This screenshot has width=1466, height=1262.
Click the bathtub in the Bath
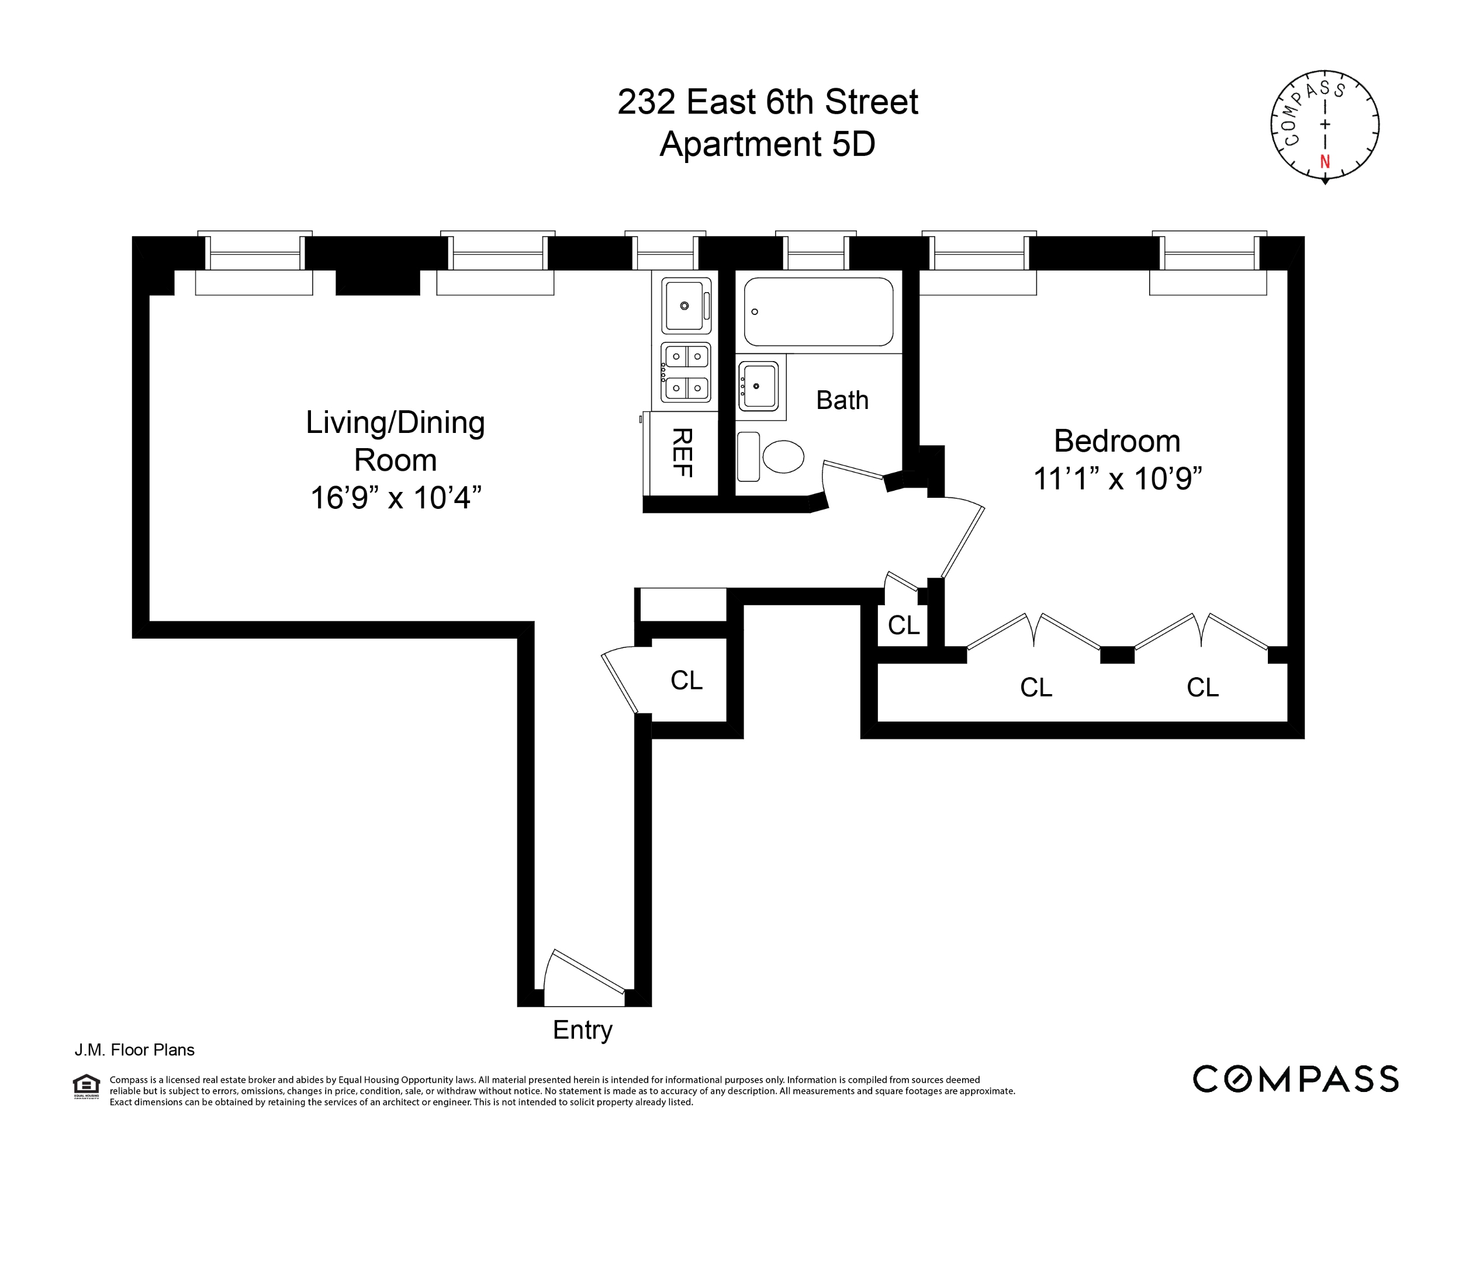click(x=818, y=311)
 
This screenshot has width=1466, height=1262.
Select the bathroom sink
click(x=759, y=386)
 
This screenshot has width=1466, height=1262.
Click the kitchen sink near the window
click(x=685, y=306)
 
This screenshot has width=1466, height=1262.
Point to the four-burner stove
click(x=686, y=372)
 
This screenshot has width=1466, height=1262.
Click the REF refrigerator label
click(x=682, y=453)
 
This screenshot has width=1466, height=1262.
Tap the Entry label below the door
click(x=582, y=1030)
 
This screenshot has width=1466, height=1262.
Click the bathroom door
click(x=853, y=470)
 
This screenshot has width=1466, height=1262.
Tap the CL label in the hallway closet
click(x=686, y=681)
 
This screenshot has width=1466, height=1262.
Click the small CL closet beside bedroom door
click(x=904, y=625)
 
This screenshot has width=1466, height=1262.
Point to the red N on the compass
click(x=1325, y=161)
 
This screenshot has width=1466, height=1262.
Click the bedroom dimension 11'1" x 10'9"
click(x=1117, y=479)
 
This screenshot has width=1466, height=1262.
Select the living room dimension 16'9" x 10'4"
click(x=396, y=497)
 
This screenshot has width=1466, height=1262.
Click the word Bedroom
click(x=1117, y=442)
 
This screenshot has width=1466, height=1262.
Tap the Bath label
click(x=842, y=400)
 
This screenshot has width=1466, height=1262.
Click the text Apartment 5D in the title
click(x=767, y=144)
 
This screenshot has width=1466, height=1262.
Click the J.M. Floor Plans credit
click(x=134, y=1050)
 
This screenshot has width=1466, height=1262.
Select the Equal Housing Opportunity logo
click(x=87, y=1087)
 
